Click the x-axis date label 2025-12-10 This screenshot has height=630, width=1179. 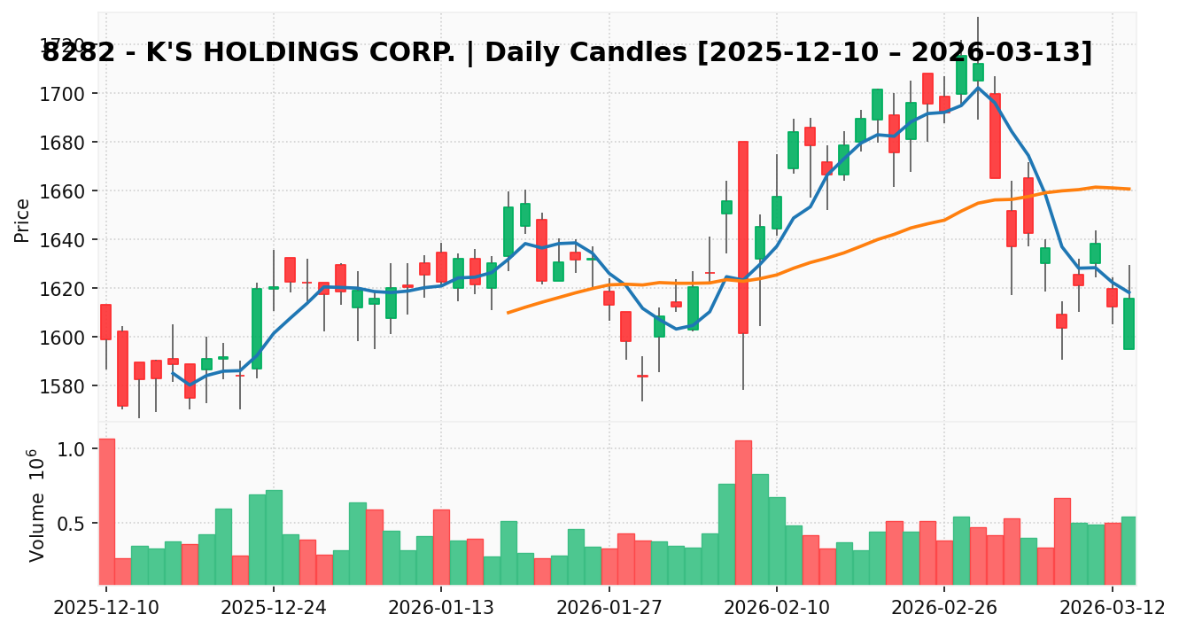106,607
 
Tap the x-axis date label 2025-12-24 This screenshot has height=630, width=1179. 274,607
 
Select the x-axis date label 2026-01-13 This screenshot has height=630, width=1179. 441,607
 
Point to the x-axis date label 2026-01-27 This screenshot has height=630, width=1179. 609,607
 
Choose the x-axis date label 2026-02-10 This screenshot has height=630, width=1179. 776,607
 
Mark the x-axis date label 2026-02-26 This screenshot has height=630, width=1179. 943,607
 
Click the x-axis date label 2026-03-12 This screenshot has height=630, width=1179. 1112,607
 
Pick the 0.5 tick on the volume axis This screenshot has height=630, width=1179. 72,524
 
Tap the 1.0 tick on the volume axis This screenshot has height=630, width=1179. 72,449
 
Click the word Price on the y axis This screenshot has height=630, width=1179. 22,220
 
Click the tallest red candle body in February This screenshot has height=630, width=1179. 742,237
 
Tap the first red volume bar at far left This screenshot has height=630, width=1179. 106,511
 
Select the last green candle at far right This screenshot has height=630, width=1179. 1129,323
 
